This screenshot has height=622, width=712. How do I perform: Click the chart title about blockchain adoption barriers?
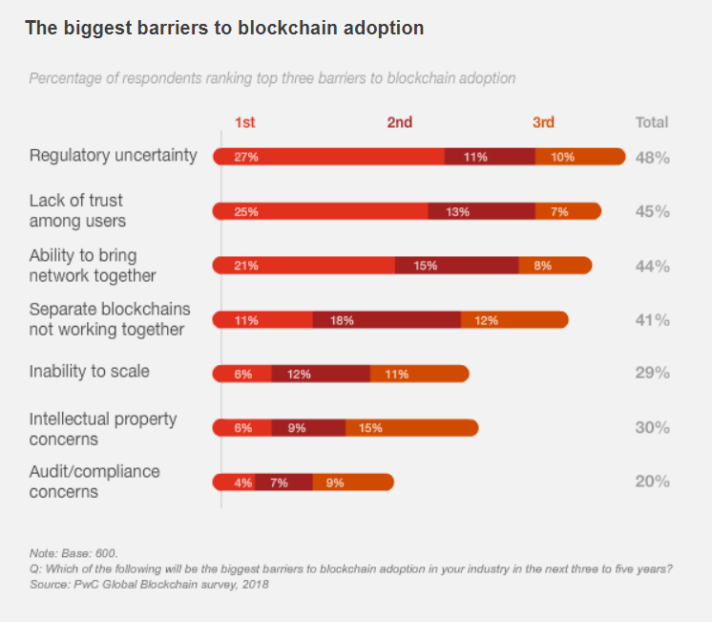(224, 28)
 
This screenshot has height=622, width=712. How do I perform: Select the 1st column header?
(245, 122)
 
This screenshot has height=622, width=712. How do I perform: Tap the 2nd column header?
(400, 122)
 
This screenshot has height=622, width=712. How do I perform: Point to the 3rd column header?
(543, 122)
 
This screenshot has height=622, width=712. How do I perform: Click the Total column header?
(652, 122)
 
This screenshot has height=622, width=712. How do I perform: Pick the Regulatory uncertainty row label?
(113, 155)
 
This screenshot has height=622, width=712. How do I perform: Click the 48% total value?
(653, 158)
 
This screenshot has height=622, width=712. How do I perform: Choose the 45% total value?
(653, 212)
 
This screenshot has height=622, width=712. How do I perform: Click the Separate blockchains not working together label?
(110, 319)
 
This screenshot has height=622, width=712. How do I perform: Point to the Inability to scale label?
(90, 371)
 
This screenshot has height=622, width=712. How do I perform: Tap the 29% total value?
(653, 374)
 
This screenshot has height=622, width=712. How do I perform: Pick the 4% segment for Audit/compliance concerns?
(243, 483)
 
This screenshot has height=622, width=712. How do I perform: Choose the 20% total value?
(653, 483)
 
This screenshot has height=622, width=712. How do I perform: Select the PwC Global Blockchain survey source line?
(149, 583)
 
